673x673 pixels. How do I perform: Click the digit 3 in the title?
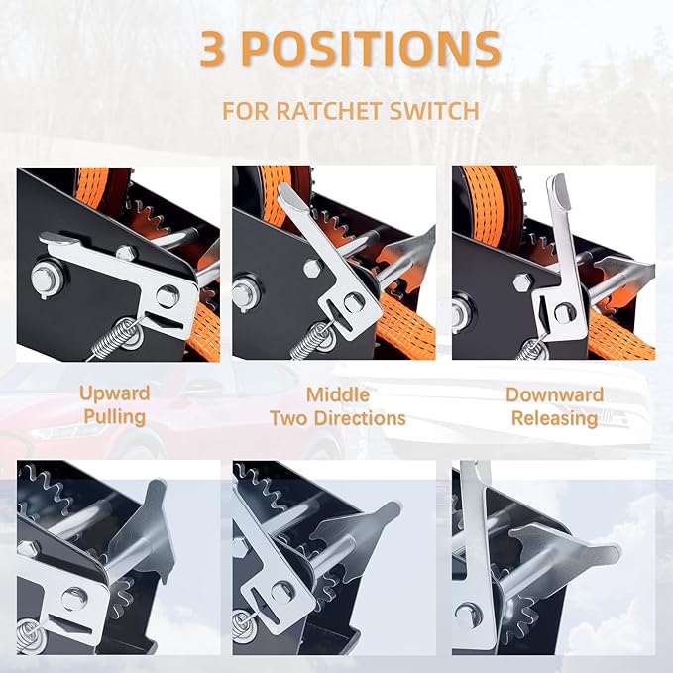212,48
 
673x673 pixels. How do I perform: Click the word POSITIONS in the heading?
371,48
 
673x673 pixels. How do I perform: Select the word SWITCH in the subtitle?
434,111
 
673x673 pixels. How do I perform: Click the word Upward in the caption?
115,393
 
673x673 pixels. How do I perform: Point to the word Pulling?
115,416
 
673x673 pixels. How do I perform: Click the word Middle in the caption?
338,394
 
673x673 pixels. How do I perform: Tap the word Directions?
360,418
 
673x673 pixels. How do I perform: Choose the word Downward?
554,394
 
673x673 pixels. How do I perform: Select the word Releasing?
554,418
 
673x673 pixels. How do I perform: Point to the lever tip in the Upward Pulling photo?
59,239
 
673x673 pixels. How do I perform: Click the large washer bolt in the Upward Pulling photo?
45,277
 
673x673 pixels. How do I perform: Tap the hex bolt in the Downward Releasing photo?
523,282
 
